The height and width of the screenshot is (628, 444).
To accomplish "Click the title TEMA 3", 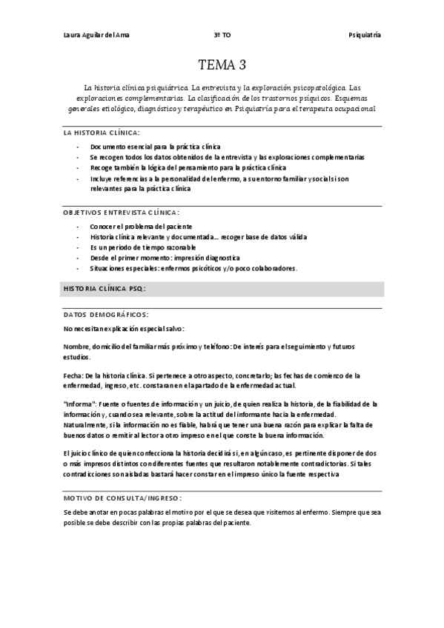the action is point(222,65).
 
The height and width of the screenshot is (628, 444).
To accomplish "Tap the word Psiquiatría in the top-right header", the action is point(365,36).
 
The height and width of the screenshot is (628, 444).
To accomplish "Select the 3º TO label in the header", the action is point(222,36).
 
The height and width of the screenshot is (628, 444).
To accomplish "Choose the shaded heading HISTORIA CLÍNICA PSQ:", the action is point(105,288).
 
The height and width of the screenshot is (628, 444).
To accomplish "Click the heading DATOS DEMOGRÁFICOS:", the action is point(106,314).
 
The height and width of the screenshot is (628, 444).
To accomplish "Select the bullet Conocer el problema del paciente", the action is point(141,226).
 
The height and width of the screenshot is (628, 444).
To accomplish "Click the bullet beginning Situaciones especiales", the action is point(193,268).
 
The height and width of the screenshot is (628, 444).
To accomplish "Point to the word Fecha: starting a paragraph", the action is point(73,375).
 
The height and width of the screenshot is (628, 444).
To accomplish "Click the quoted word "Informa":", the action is point(78,404).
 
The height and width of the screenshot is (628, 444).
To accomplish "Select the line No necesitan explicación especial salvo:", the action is point(125,328).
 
